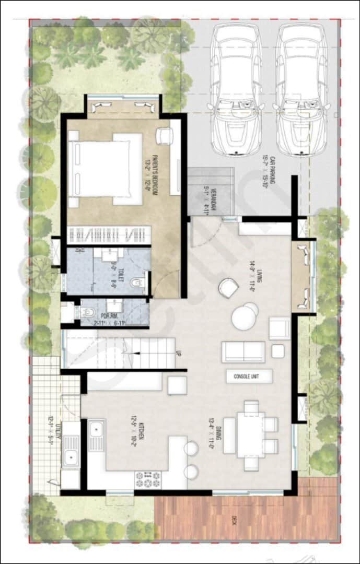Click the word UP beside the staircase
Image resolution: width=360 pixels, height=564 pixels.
coord(179,354)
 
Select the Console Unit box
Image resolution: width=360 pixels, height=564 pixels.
coord(249,376)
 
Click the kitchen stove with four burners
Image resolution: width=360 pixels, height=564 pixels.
coord(148,479)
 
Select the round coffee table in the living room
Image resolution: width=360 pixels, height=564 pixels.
coord(245,316)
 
